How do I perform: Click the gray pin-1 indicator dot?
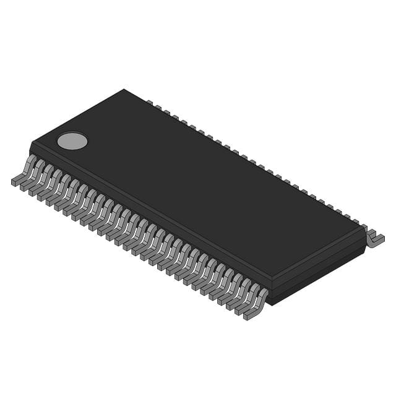[x=72, y=141]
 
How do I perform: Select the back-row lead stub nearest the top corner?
[x=149, y=102]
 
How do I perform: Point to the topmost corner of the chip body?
[x=124, y=90]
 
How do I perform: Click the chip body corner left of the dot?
[x=31, y=143]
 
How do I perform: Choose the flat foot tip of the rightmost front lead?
[x=250, y=316]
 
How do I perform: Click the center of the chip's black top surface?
[x=198, y=186]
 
